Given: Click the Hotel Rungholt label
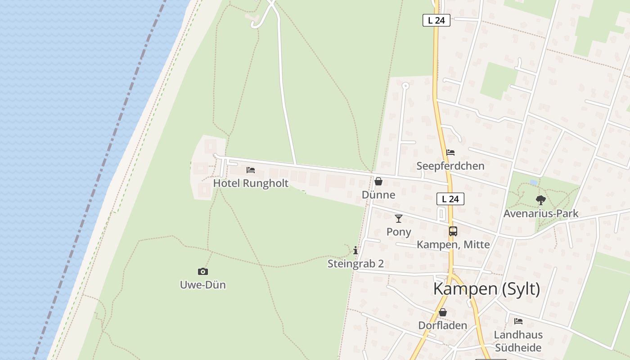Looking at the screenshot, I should pos(251,183).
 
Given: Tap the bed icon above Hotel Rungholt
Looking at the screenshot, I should pos(251,170).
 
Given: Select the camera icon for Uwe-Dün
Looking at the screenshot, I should pos(203,271).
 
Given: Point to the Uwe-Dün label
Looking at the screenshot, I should pos(202,285).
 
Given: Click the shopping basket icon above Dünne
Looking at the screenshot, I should pos(378,181).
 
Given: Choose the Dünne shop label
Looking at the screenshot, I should pos(378,194).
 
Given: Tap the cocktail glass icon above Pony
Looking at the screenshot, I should pos(399,219).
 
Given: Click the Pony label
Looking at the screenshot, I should pos(399,232).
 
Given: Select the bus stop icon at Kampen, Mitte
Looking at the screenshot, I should pos(453,231).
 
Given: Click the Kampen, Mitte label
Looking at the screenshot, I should pos(453,244).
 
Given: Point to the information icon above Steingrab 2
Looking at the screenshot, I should pos(355,250).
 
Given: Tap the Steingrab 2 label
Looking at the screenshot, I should pos(355,264).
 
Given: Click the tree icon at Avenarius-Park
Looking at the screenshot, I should pos(540,200).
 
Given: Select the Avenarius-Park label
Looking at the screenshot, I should pos(540,213).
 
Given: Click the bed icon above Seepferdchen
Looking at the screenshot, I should pos(450,153).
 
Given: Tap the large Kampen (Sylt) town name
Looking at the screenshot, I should pos(486,289).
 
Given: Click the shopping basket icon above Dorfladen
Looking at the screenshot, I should pos(443,312).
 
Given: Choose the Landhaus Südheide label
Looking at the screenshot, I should pos(518,341).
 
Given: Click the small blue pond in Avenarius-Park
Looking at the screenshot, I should pos(534,182).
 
